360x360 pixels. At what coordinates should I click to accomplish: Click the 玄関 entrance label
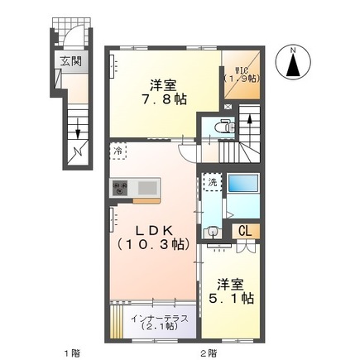point(70,60)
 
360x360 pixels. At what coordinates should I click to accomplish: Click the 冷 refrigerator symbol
point(118,152)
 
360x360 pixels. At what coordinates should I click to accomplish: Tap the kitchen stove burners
point(120,188)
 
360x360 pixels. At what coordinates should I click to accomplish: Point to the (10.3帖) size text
point(153,244)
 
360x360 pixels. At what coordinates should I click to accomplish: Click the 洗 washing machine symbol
point(213,182)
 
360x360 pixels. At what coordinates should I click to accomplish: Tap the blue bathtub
point(243,183)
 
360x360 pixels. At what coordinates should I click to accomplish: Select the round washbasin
point(214,232)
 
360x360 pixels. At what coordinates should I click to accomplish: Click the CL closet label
point(246,231)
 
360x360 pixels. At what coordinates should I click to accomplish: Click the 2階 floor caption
point(208,353)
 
